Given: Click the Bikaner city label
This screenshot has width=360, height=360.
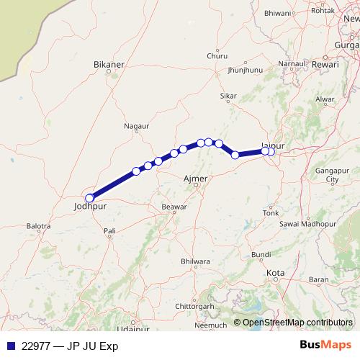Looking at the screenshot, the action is (109, 64).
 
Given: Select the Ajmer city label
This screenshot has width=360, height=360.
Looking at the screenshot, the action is (196, 178).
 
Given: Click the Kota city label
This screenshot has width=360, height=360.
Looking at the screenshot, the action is (275, 273).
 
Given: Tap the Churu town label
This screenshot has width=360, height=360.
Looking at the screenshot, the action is (217, 55).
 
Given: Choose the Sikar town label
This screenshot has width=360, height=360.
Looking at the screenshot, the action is (228, 95).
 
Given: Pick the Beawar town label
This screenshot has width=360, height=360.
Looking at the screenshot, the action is (174, 207).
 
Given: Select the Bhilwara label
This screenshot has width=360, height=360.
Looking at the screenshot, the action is (195, 261).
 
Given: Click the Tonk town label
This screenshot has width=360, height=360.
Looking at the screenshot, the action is (271, 213).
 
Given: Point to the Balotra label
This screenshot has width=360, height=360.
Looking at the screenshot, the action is (38, 226).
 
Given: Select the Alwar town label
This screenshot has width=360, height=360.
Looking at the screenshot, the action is (325, 99).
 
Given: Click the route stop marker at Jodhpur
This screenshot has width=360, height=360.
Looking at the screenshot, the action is (90, 198).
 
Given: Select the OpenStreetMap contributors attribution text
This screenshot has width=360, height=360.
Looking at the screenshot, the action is (297, 322).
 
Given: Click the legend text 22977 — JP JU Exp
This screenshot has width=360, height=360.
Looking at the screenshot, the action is (71, 346).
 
